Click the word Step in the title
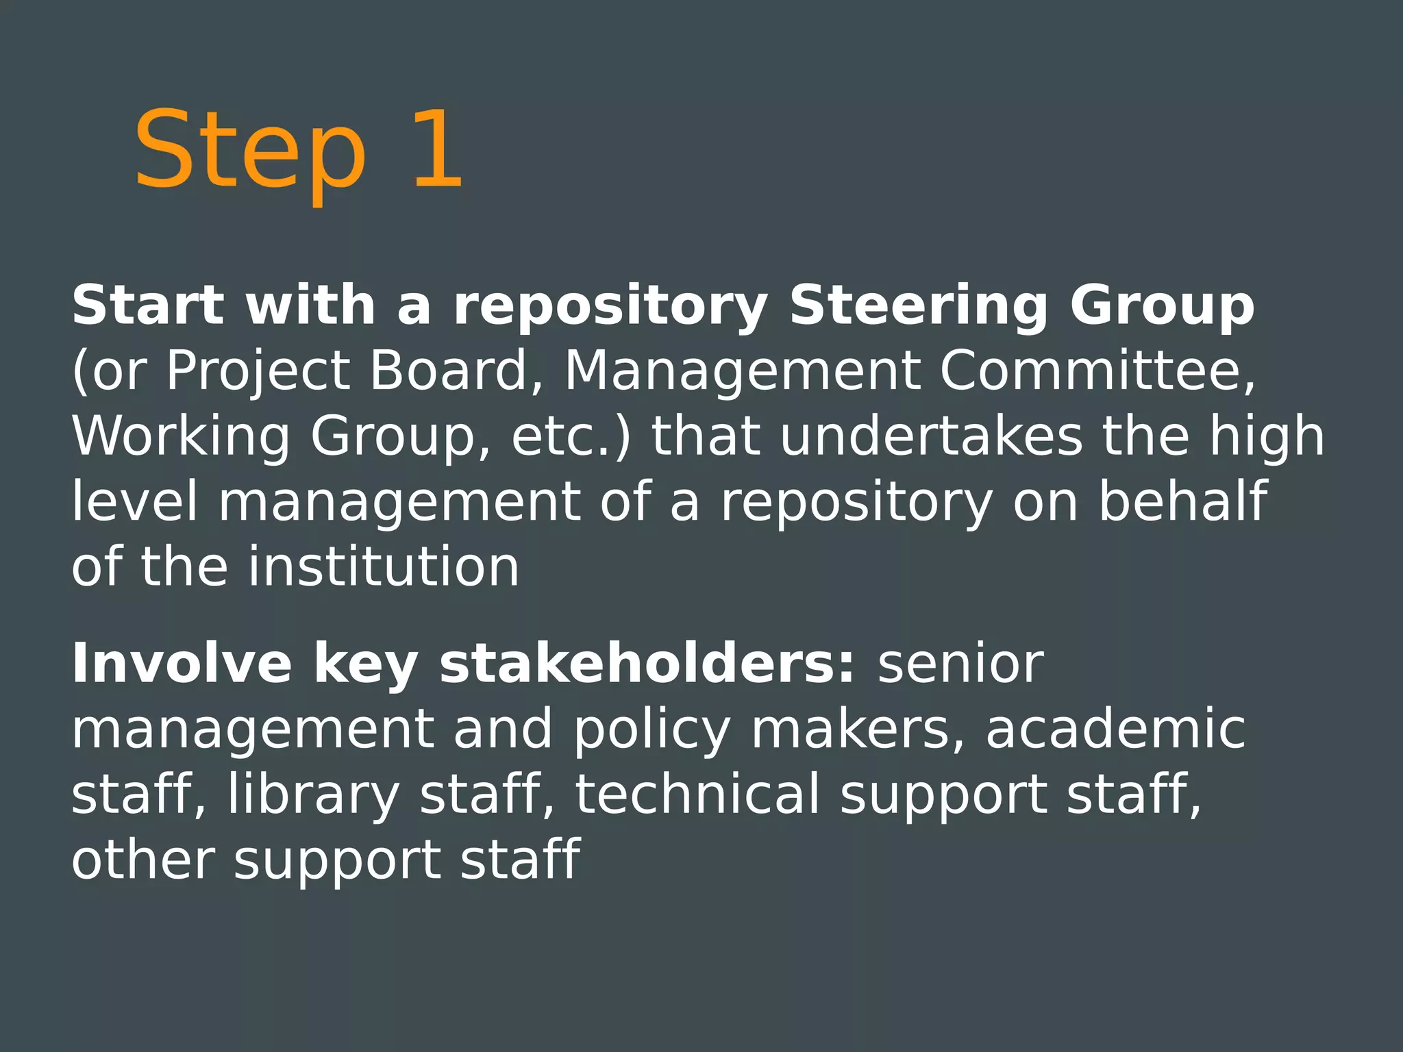click(250, 151)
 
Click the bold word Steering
click(918, 306)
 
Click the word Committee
click(1097, 371)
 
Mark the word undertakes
click(932, 436)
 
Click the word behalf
click(1183, 501)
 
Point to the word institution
click(384, 566)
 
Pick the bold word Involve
click(182, 664)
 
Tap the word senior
click(960, 664)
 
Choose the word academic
click(1115, 729)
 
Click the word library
click(313, 795)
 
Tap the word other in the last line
click(143, 859)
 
